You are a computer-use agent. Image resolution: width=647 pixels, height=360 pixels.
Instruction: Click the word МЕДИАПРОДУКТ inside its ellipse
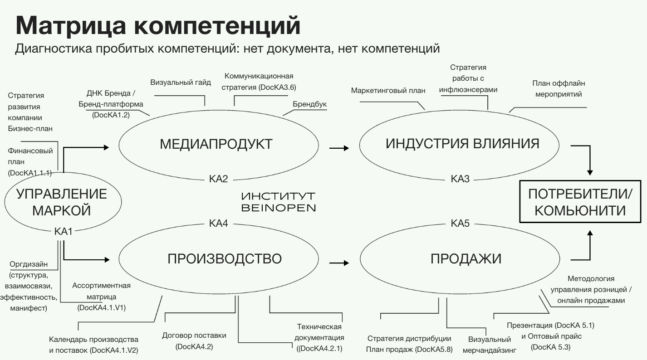click(216, 144)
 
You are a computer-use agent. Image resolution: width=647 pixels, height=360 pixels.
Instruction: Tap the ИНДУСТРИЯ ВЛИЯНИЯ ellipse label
click(462, 144)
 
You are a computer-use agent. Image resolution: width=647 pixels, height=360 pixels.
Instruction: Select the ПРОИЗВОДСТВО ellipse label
click(225, 258)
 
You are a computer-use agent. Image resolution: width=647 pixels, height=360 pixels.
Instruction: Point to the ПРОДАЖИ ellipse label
click(466, 258)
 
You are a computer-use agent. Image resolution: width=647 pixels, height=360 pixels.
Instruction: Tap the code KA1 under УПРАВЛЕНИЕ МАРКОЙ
click(64, 232)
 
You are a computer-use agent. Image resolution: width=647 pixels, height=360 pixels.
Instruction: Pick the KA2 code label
click(218, 179)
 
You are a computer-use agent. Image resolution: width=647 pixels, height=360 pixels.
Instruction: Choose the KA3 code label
click(460, 179)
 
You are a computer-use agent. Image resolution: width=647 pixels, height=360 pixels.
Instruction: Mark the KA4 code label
click(218, 223)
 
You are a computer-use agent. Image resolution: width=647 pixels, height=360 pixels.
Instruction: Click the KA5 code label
click(460, 223)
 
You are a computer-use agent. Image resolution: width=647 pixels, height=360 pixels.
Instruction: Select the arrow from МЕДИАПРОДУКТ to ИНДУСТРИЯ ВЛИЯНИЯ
click(339, 148)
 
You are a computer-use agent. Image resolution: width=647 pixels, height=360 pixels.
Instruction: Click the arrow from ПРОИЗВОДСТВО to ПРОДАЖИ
click(339, 262)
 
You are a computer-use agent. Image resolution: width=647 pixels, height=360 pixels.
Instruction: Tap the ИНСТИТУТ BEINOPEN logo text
click(278, 202)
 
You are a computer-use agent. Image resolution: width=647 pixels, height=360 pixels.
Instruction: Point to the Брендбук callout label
click(309, 104)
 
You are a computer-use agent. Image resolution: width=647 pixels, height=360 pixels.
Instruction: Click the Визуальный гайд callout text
click(181, 83)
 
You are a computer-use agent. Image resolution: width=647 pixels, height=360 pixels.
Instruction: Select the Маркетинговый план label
click(388, 90)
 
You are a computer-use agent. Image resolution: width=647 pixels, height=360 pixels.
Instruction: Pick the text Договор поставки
click(194, 336)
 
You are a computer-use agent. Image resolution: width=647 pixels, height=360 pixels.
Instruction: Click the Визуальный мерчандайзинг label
click(490, 345)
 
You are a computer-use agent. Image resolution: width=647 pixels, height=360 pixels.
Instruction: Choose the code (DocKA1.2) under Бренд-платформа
click(111, 115)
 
